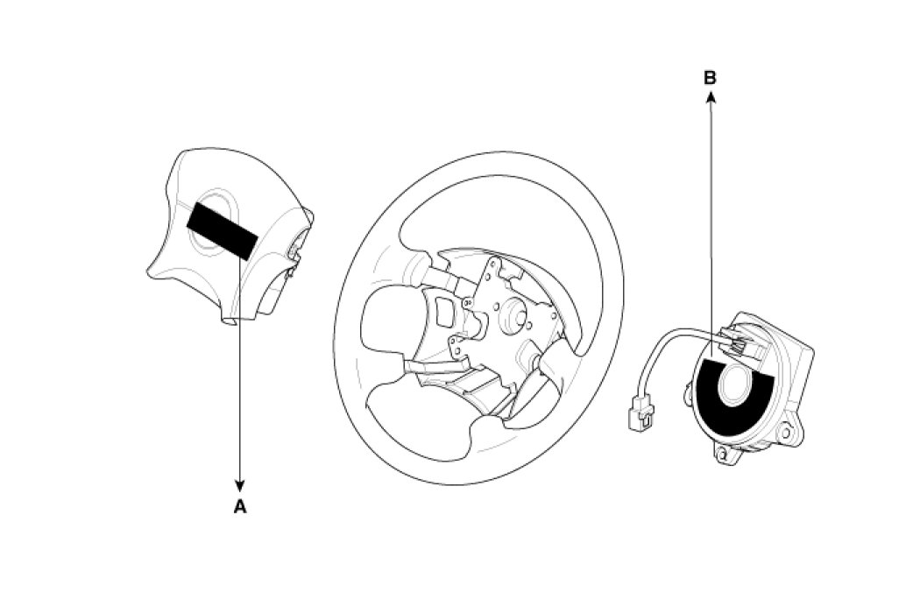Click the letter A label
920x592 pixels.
click(x=239, y=506)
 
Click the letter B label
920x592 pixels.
click(x=710, y=78)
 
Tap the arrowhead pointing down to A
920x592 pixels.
click(x=239, y=486)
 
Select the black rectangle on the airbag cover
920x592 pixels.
click(x=222, y=229)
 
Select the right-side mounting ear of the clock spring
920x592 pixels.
click(x=789, y=431)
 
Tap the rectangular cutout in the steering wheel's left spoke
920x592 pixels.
click(x=444, y=312)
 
